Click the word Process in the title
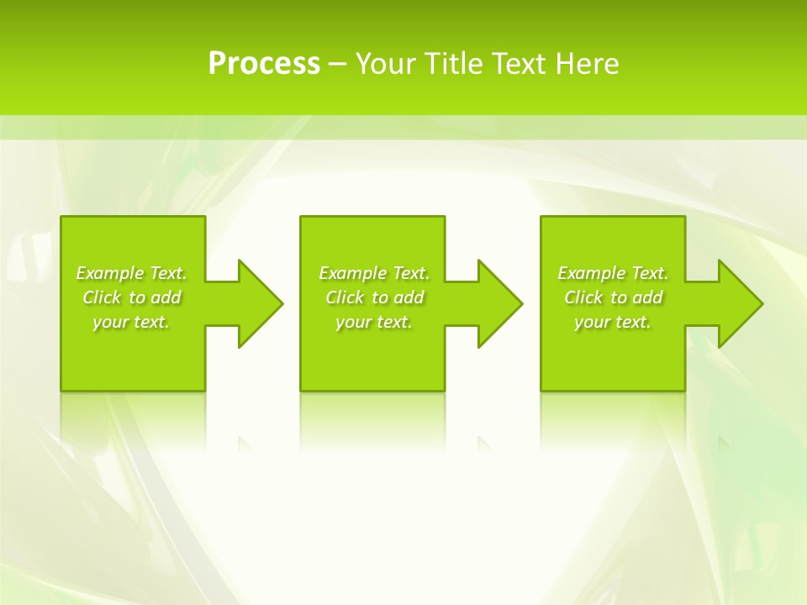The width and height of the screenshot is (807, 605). click(x=264, y=64)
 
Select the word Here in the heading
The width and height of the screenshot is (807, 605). click(x=587, y=64)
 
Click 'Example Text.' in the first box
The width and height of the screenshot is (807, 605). click(x=132, y=273)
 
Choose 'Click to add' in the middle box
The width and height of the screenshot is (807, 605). click(x=374, y=297)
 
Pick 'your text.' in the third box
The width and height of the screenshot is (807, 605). click(x=613, y=322)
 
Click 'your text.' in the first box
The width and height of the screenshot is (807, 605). click(x=132, y=322)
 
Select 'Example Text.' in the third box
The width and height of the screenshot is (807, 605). click(x=613, y=273)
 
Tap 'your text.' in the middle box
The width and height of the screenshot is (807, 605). click(x=374, y=322)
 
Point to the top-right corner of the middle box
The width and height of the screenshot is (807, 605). click(x=444, y=218)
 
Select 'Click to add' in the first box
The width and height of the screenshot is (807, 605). click(x=132, y=297)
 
